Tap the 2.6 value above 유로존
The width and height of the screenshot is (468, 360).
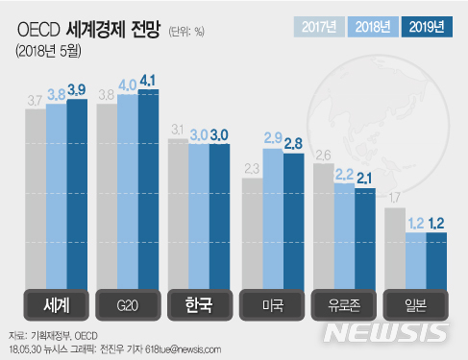(x=323, y=154)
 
